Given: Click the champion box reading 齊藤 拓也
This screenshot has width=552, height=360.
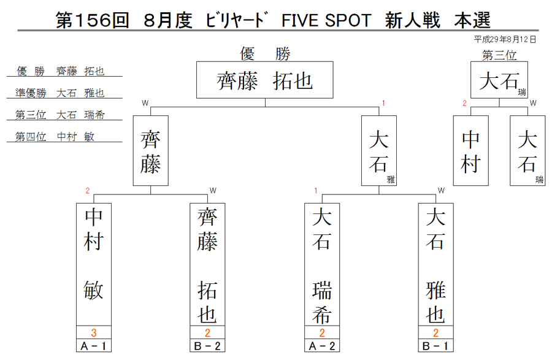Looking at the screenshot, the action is [265, 80].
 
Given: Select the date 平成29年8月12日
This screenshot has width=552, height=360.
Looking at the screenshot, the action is [505, 39].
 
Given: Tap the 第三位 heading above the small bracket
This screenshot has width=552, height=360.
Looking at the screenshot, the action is [499, 55].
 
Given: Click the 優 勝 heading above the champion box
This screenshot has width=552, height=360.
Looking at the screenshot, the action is [265, 54].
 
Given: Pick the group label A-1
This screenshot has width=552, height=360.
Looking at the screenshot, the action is [94, 346].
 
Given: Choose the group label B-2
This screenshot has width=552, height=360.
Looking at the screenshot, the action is [207, 346].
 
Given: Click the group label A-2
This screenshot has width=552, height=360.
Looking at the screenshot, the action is [322, 346].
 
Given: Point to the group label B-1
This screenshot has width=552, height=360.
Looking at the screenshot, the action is [436, 346].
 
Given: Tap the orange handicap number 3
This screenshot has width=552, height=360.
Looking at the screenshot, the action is [94, 332].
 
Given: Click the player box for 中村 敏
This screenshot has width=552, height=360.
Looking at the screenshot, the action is [94, 264].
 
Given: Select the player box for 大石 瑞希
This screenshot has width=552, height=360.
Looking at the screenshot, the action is [322, 264].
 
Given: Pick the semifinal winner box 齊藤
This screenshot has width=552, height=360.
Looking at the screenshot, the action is [151, 151].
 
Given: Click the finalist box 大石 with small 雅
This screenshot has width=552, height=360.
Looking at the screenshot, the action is [379, 151].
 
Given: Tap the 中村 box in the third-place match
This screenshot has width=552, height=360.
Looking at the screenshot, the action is [470, 151].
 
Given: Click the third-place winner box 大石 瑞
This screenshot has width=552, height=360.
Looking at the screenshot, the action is [499, 80].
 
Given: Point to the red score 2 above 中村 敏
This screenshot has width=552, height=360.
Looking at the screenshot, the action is [88, 191].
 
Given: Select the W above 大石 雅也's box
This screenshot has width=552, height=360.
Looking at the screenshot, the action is [441, 191].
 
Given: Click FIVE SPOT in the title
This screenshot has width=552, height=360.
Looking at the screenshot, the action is [326, 20].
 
